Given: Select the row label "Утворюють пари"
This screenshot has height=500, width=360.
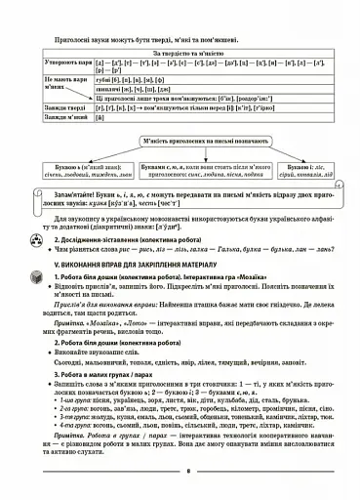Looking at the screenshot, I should (x=66, y=64).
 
